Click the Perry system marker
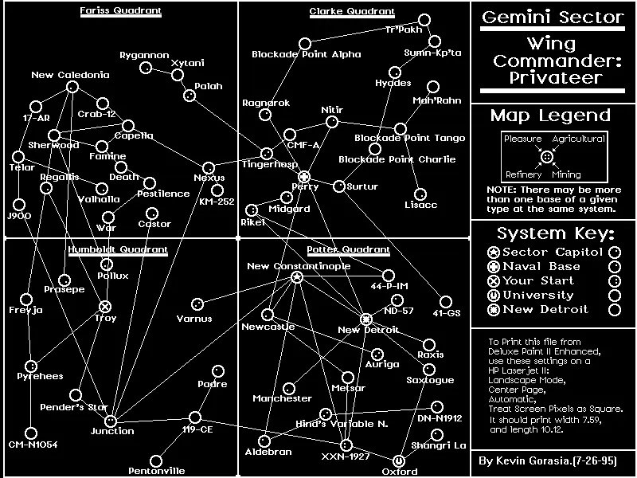(303, 176)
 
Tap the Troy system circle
(105, 306)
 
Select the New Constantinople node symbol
(297, 277)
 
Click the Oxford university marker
(399, 460)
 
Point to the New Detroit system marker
(366, 319)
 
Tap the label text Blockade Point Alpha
(306, 55)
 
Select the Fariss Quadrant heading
(120, 11)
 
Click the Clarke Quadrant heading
(351, 11)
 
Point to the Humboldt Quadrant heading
(118, 249)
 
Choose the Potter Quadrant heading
(349, 249)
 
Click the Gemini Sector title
(553, 18)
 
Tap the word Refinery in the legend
(523, 174)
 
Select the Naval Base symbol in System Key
(493, 266)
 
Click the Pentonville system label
(156, 472)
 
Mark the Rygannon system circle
(146, 68)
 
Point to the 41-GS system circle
(445, 302)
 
